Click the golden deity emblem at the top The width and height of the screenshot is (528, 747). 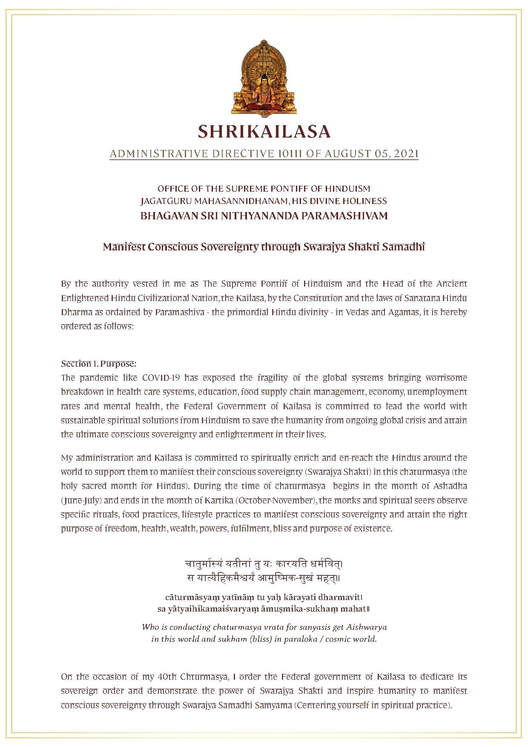(264, 78)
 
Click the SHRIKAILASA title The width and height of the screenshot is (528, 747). (264, 132)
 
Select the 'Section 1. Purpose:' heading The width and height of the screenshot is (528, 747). (98, 364)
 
